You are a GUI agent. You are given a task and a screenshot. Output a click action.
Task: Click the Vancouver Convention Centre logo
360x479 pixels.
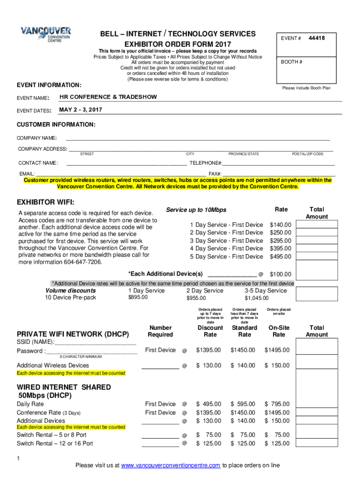point(45,34)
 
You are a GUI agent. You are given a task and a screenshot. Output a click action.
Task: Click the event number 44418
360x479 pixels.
point(317,38)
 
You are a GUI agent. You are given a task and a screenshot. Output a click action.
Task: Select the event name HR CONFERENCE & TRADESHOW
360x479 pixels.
point(108,97)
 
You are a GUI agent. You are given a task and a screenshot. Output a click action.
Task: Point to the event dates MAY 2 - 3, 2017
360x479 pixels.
point(80,110)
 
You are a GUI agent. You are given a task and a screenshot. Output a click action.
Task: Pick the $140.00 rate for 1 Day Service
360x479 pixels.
point(281,225)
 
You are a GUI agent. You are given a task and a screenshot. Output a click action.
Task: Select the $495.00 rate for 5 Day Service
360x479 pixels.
point(281,257)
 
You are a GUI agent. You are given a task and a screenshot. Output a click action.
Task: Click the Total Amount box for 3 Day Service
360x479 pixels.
point(317,240)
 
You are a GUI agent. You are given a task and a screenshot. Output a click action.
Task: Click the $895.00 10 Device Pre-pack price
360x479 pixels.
point(138,298)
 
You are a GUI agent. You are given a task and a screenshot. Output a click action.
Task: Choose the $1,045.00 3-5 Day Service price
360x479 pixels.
point(257,298)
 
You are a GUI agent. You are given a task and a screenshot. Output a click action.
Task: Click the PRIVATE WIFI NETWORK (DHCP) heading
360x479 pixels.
point(72,334)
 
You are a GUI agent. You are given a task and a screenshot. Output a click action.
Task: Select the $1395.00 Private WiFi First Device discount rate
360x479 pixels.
point(209,350)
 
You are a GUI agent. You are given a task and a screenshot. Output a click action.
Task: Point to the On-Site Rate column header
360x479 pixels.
point(279,331)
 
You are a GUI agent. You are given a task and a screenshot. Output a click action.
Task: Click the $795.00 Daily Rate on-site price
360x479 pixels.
point(277,404)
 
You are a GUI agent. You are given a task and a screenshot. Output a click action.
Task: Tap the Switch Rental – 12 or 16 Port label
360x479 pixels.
point(55,443)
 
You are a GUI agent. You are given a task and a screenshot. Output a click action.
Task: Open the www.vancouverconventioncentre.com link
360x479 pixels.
point(171,465)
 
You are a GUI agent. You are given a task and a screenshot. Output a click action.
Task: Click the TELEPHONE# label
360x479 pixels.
point(205,163)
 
